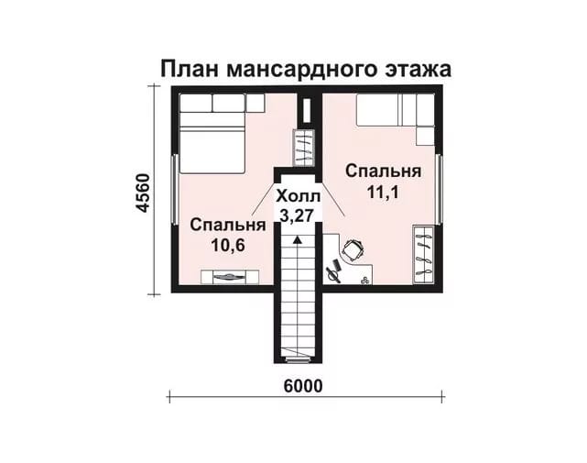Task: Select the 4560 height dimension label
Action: coord(143,193)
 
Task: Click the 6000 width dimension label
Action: coord(303,386)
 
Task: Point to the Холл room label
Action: coord(298,196)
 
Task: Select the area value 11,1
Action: coord(383,193)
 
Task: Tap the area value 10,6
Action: coord(228,246)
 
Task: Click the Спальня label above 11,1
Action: coord(384,171)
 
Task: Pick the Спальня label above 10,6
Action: coord(228,225)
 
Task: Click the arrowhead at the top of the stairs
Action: coord(298,240)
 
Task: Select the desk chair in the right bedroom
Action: coord(353,250)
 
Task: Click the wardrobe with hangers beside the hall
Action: coord(303,147)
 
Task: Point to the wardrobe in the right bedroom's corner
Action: coord(423,255)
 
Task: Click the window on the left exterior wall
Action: coord(175,190)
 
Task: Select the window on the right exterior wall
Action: coord(440,190)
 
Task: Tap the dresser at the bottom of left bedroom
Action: coord(230,277)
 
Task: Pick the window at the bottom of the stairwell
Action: coord(298,360)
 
